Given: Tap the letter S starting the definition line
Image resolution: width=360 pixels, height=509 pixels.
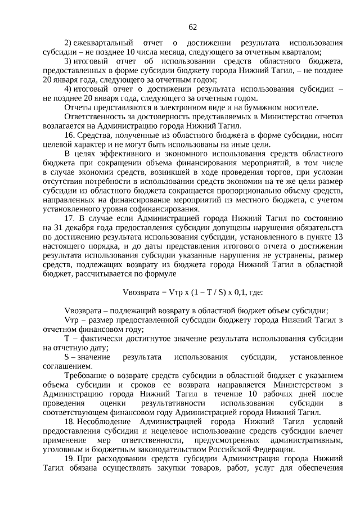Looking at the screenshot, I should pos(67,357).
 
